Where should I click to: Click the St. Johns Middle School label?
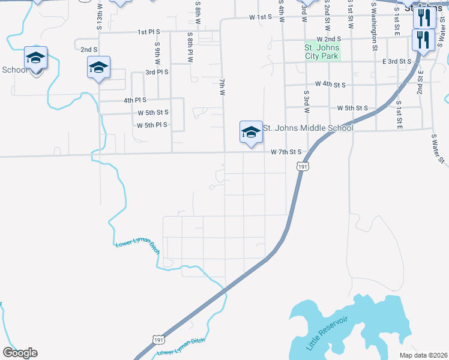click(x=308, y=128)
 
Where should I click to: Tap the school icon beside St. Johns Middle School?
click(x=251, y=133)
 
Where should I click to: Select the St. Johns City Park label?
click(x=322, y=52)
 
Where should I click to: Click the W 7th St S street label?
click(x=289, y=152)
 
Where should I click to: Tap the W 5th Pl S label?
click(x=152, y=125)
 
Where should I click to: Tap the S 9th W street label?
click(x=157, y=53)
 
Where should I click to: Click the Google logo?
click(x=20, y=353)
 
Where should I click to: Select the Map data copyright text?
click(x=423, y=355)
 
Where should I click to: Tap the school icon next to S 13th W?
click(x=98, y=68)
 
